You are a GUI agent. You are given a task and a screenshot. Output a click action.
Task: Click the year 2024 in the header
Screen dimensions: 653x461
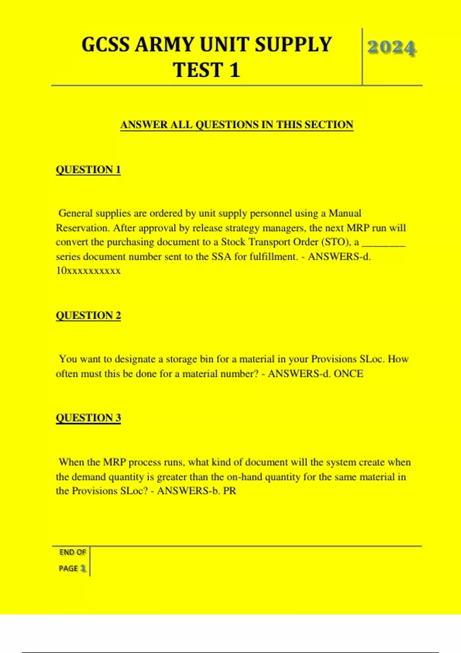pos(391,48)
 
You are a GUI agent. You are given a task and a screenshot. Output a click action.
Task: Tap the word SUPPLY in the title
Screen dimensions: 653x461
pos(293,45)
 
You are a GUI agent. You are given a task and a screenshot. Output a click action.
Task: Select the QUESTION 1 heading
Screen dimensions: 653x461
pos(88,169)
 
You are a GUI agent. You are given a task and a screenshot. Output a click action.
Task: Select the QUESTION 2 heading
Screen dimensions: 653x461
pos(88,315)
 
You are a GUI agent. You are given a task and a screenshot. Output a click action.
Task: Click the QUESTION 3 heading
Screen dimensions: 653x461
pos(88,418)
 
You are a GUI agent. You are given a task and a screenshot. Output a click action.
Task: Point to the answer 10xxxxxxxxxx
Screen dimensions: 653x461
pos(88,271)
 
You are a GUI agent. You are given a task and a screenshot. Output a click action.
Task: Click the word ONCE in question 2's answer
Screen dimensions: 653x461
pos(348,374)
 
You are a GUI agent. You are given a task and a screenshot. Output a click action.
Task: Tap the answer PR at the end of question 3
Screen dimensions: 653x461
pos(229,491)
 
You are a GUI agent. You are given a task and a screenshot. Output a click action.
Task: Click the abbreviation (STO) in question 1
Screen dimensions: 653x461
pos(336,242)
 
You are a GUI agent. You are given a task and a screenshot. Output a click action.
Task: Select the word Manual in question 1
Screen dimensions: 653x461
pos(345,213)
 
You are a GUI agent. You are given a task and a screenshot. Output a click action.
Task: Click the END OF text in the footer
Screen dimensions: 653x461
pos(72,552)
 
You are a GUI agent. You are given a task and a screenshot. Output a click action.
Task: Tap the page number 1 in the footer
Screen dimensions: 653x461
pos(83,568)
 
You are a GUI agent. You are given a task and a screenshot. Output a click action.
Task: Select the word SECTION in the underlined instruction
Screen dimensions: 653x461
pos(329,125)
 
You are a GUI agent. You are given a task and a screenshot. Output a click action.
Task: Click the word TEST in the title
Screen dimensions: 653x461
pos(197,70)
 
